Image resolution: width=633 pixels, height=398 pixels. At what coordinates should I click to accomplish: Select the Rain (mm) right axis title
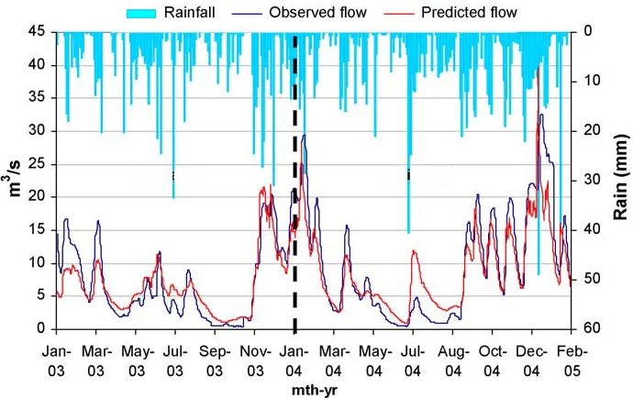coord(618,180)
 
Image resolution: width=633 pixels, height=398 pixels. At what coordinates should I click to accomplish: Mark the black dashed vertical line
coord(294,183)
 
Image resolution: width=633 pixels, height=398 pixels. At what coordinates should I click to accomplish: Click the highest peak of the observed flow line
coord(541,115)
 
